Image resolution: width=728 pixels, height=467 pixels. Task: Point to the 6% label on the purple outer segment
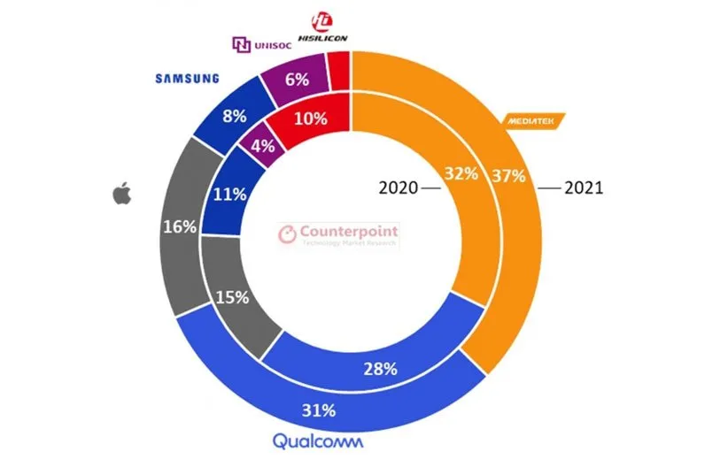coord(298,79)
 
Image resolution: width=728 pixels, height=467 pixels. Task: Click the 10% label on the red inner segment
coord(310,118)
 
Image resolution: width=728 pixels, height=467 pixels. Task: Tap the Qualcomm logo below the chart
coord(317,441)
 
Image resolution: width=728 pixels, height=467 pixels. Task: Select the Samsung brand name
coord(187,78)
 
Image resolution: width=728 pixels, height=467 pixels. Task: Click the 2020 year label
coord(398,188)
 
